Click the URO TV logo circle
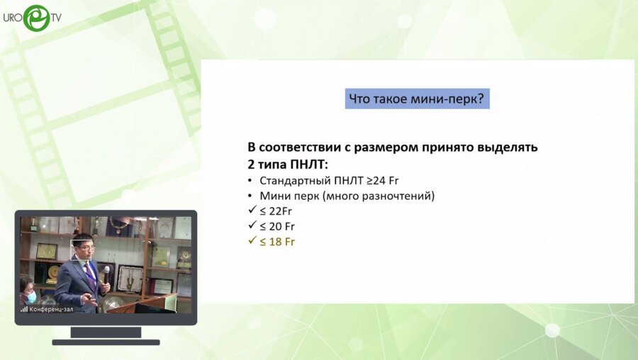[36, 18]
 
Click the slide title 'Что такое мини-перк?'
[417, 99]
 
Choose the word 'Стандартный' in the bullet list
[291, 180]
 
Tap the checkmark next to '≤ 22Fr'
[252, 210]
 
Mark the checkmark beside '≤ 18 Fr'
[252, 242]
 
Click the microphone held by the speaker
[107, 271]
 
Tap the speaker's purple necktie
[90, 273]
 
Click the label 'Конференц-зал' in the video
[53, 309]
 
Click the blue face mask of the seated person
[31, 297]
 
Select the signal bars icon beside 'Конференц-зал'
[24, 309]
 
